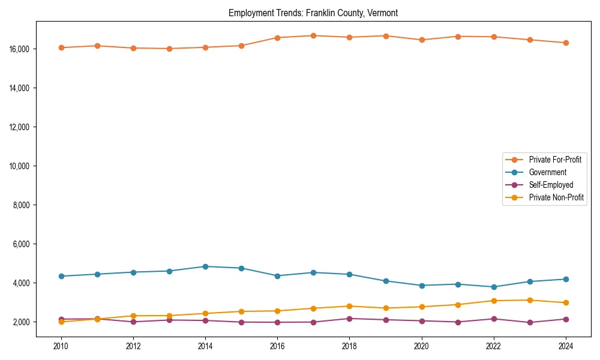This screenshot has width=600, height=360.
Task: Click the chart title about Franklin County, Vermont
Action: click(313, 13)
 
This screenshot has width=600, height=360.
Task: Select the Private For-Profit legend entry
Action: click(554, 160)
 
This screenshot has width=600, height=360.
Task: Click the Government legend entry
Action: click(547, 172)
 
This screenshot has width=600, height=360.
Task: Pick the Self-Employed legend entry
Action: click(551, 185)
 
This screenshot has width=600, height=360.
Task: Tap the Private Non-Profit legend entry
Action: click(556, 197)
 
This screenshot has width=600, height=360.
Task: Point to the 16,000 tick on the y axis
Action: click(20, 49)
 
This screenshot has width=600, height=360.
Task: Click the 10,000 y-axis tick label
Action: click(20, 166)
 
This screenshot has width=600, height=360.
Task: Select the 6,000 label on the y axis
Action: click(22, 244)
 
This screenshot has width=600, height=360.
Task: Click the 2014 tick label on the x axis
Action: click(205, 346)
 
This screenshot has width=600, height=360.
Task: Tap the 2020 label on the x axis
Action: click(422, 346)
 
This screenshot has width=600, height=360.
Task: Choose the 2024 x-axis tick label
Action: click(566, 346)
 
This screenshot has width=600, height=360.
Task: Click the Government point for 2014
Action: click(205, 266)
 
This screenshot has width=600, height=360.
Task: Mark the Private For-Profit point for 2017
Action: click(313, 35)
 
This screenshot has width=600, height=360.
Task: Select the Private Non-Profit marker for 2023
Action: click(530, 300)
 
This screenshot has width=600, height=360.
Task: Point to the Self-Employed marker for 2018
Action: click(349, 319)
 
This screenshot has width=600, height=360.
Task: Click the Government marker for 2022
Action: click(494, 287)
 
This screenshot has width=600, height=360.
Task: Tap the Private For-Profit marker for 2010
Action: click(61, 47)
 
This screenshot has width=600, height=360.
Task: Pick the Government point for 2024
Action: click(566, 279)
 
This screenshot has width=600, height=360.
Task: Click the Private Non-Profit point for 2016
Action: click(277, 311)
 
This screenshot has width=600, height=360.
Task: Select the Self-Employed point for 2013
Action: click(169, 320)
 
